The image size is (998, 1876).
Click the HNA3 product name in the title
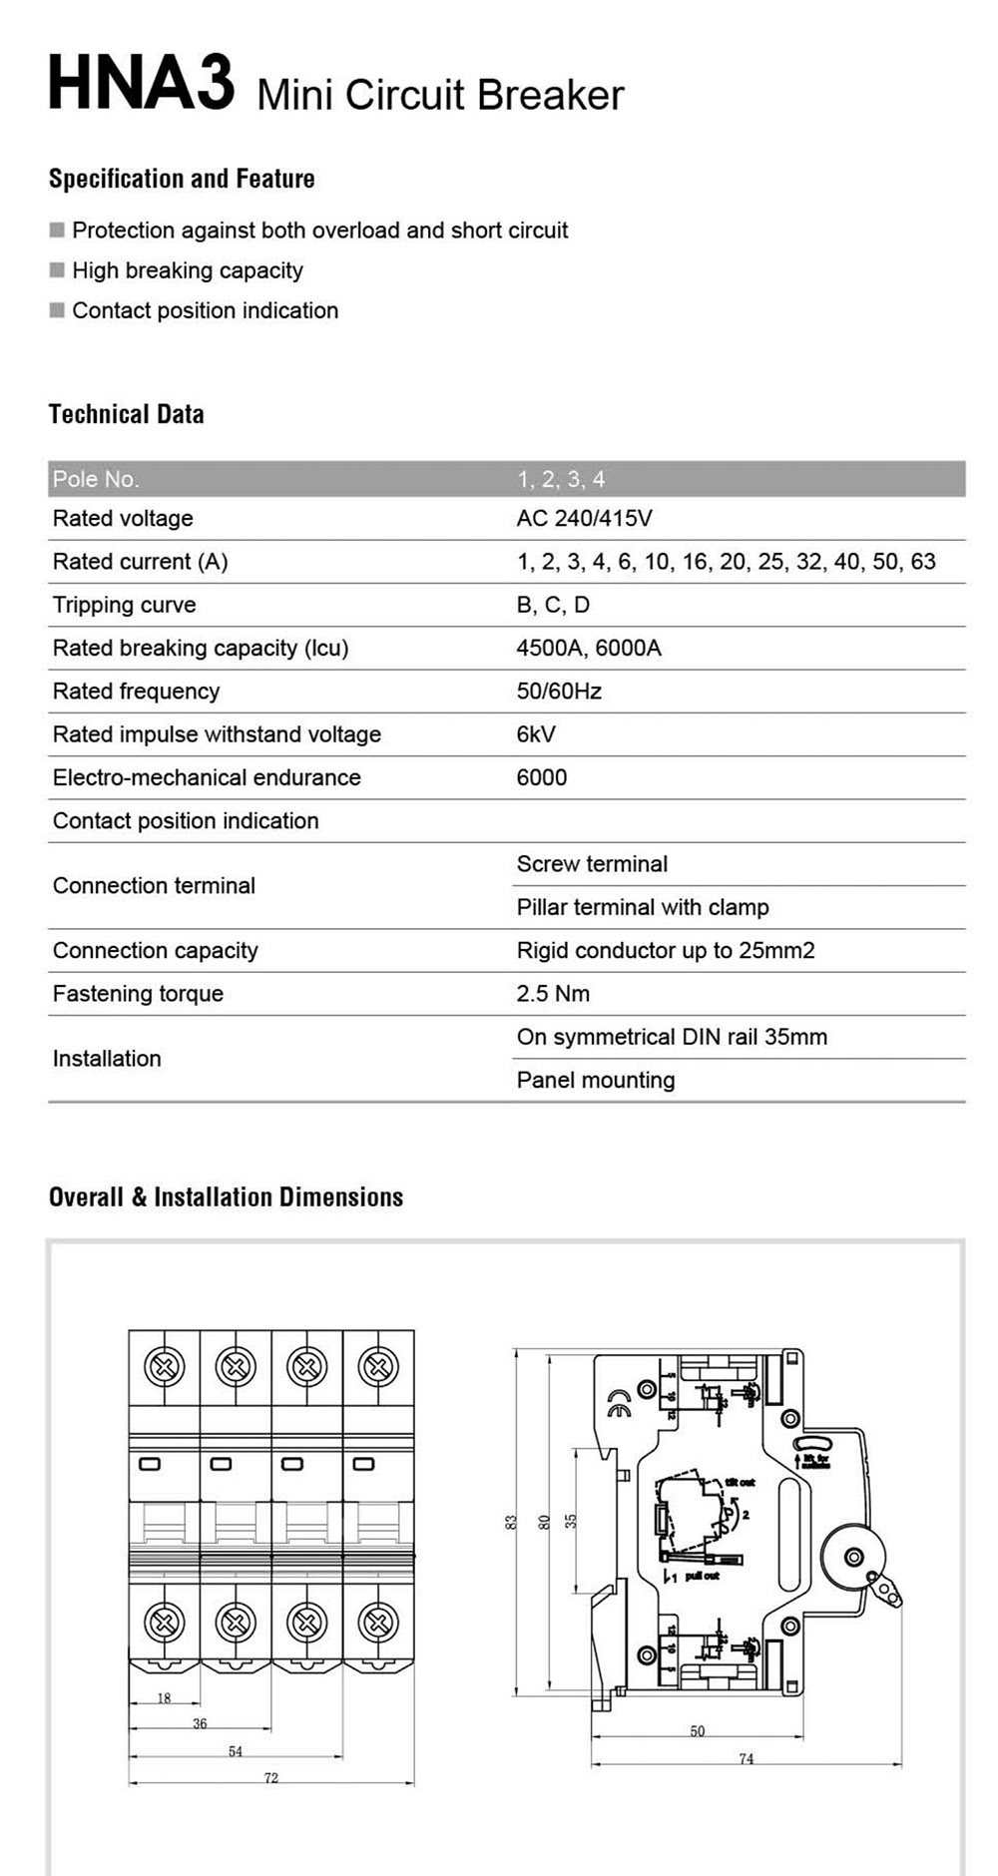tap(141, 85)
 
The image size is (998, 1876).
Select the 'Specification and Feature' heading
tap(182, 179)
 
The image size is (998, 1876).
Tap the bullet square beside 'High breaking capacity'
tap(57, 270)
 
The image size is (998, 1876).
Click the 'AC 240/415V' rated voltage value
tap(584, 518)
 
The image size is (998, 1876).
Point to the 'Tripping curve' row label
tap(124, 605)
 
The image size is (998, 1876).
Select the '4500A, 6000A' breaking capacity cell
tap(589, 648)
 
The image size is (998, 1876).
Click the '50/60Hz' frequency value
tap(559, 691)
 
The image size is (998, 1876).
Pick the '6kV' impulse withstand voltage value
tap(536, 734)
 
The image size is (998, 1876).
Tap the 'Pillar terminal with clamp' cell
tap(643, 907)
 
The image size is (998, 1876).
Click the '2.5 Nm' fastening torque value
tap(553, 994)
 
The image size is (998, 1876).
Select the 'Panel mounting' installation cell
tap(596, 1080)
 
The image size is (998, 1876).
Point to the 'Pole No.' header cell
tap(96, 479)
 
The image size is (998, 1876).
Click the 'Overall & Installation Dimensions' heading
tap(226, 1196)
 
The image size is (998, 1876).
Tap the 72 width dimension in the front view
tap(271, 1777)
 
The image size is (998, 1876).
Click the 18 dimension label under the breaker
tap(165, 1697)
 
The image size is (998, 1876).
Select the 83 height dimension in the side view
tap(511, 1522)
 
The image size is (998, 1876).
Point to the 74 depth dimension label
tap(747, 1758)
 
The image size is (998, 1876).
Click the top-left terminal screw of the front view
tap(165, 1366)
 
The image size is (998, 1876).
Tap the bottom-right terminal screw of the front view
tap(378, 1623)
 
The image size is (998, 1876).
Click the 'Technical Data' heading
tap(127, 414)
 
